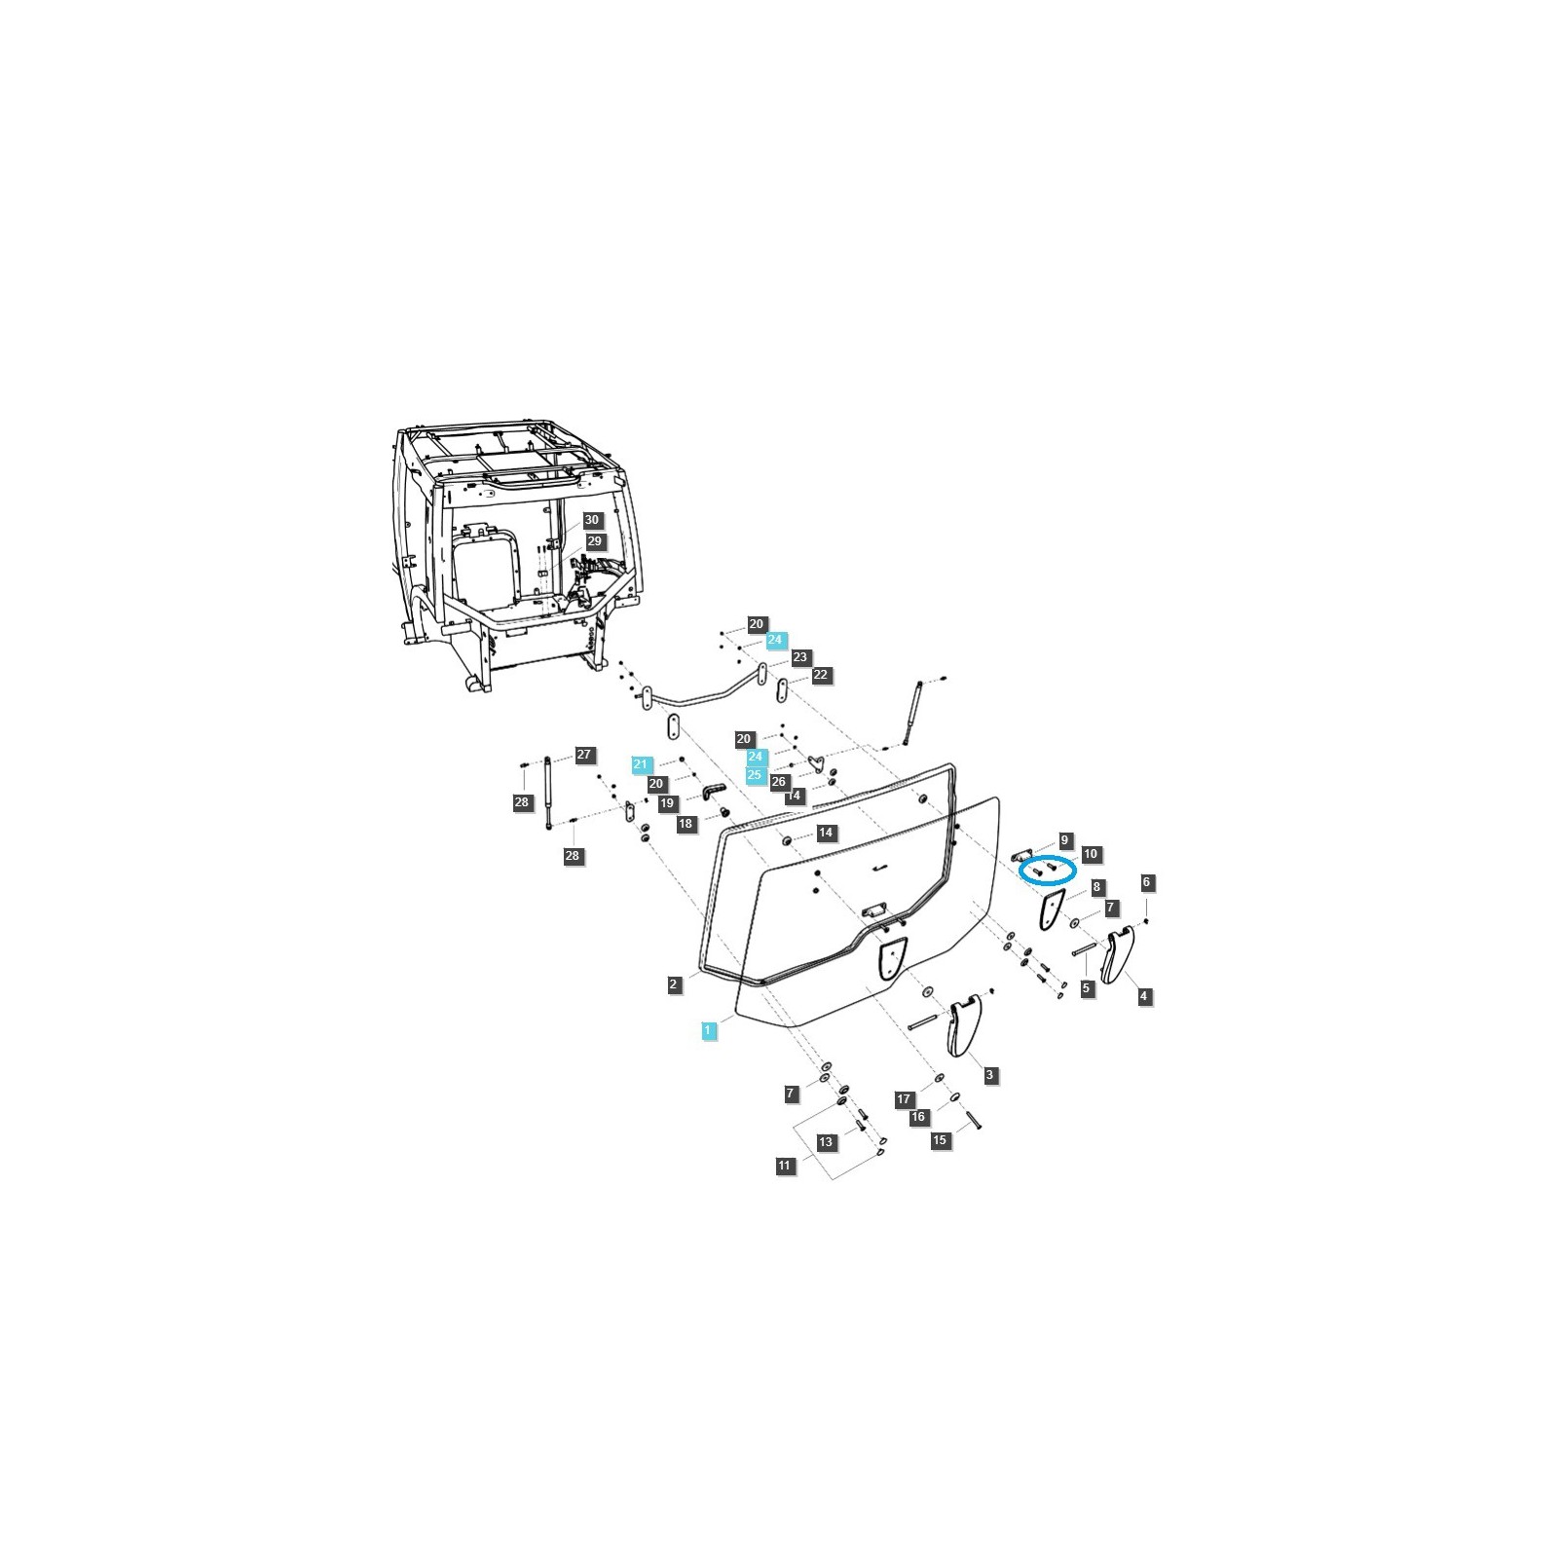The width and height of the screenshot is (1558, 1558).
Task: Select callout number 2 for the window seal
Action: point(673,984)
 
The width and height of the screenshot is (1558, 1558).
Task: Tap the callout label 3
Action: point(990,1075)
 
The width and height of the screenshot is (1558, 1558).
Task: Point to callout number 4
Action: point(1144,996)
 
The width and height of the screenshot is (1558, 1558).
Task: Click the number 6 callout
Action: point(1146,882)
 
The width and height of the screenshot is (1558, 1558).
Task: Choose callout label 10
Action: point(1090,854)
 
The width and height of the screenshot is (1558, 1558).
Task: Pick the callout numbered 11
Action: point(786,1166)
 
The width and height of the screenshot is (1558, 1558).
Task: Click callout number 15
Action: point(940,1140)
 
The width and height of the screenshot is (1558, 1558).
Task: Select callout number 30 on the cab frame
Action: point(592,520)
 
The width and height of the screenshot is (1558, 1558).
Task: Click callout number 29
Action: point(594,541)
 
